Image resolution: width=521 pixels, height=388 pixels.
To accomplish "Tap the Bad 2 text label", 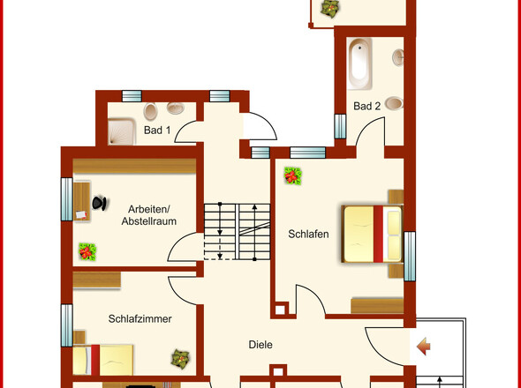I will click(367, 106).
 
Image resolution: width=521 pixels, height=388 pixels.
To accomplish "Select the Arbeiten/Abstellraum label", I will click(148, 215).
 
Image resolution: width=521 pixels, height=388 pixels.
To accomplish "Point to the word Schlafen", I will click(308, 234).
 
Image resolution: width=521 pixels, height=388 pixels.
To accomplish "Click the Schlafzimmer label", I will click(140, 318).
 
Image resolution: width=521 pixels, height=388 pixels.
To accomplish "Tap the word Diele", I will click(260, 345).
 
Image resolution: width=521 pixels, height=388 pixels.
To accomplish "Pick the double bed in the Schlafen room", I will click(371, 233).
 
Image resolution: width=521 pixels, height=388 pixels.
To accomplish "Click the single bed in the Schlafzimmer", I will click(104, 360).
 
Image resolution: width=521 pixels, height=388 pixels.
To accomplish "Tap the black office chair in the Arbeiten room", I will click(99, 203).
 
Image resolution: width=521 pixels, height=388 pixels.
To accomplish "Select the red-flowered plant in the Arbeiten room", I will click(87, 251).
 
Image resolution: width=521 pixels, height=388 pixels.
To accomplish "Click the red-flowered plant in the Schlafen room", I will click(291, 176).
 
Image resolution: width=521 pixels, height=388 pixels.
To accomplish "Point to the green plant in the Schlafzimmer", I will click(180, 359).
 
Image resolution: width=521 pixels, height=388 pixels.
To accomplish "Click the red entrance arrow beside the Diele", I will click(424, 347).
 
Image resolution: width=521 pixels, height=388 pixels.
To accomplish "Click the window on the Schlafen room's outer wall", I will click(409, 255).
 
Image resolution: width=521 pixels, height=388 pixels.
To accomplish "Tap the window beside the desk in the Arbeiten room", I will click(65, 202).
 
